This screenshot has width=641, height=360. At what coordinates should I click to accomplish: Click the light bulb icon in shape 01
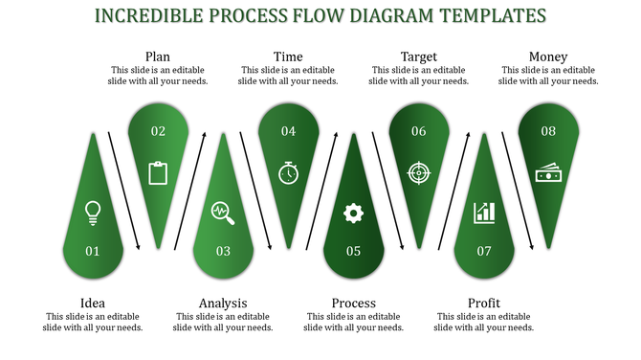coord(93,213)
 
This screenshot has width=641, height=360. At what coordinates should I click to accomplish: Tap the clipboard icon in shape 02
coord(158,172)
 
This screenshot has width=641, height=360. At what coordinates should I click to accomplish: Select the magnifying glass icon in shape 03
coord(223,213)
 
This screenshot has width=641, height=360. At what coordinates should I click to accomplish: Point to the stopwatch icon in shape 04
coord(288,172)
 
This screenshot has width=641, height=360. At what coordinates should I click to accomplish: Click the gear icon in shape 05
coord(353,213)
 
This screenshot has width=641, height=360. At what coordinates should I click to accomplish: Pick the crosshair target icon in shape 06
coord(418,172)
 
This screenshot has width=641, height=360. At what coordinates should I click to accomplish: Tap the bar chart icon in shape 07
coord(484,213)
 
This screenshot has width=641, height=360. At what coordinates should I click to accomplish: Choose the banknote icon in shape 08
coord(548,172)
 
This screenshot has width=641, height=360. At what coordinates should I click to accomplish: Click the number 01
coord(93,252)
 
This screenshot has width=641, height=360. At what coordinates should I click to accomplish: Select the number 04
coord(288,131)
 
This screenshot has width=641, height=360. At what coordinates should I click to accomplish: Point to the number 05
coord(353,252)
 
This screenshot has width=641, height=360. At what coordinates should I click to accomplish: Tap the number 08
coord(548,131)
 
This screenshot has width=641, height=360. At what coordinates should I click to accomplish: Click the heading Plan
coord(158,56)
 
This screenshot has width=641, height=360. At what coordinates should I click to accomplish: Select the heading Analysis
coord(223,304)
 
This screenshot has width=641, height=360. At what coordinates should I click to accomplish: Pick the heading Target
coord(418,56)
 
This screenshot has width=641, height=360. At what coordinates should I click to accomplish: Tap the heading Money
coord(548,56)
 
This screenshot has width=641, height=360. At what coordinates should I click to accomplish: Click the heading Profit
coord(484,304)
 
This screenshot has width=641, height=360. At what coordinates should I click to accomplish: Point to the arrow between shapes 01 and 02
coord(124,190)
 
